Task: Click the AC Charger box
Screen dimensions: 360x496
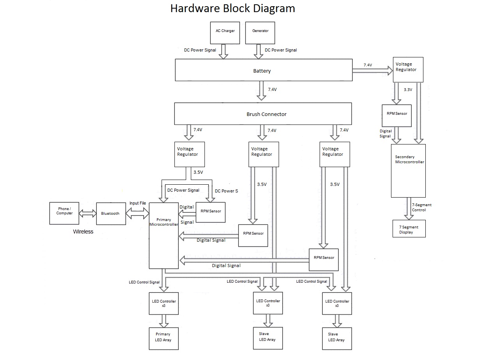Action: click(225, 33)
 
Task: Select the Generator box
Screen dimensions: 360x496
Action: click(260, 33)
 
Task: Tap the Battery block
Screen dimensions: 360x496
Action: click(263, 70)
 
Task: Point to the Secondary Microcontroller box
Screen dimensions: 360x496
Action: click(408, 171)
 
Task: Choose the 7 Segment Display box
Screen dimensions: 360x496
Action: click(409, 229)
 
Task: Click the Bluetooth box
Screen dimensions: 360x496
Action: click(111, 214)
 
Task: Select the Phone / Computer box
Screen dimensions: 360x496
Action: click(64, 213)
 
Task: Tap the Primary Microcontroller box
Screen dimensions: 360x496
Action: click(164, 235)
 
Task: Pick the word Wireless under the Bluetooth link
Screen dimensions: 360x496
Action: click(83, 232)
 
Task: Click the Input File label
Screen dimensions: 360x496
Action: click(138, 203)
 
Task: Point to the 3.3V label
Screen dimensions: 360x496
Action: click(408, 89)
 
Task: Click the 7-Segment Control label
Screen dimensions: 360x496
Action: click(421, 207)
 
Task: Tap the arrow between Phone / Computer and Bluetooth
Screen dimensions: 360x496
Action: click(87, 214)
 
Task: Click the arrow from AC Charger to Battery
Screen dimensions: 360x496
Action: click(223, 51)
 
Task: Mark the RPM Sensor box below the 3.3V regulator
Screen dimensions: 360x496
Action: click(396, 116)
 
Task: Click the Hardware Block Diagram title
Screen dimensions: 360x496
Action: click(233, 9)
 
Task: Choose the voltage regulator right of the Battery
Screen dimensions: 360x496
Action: click(408, 70)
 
